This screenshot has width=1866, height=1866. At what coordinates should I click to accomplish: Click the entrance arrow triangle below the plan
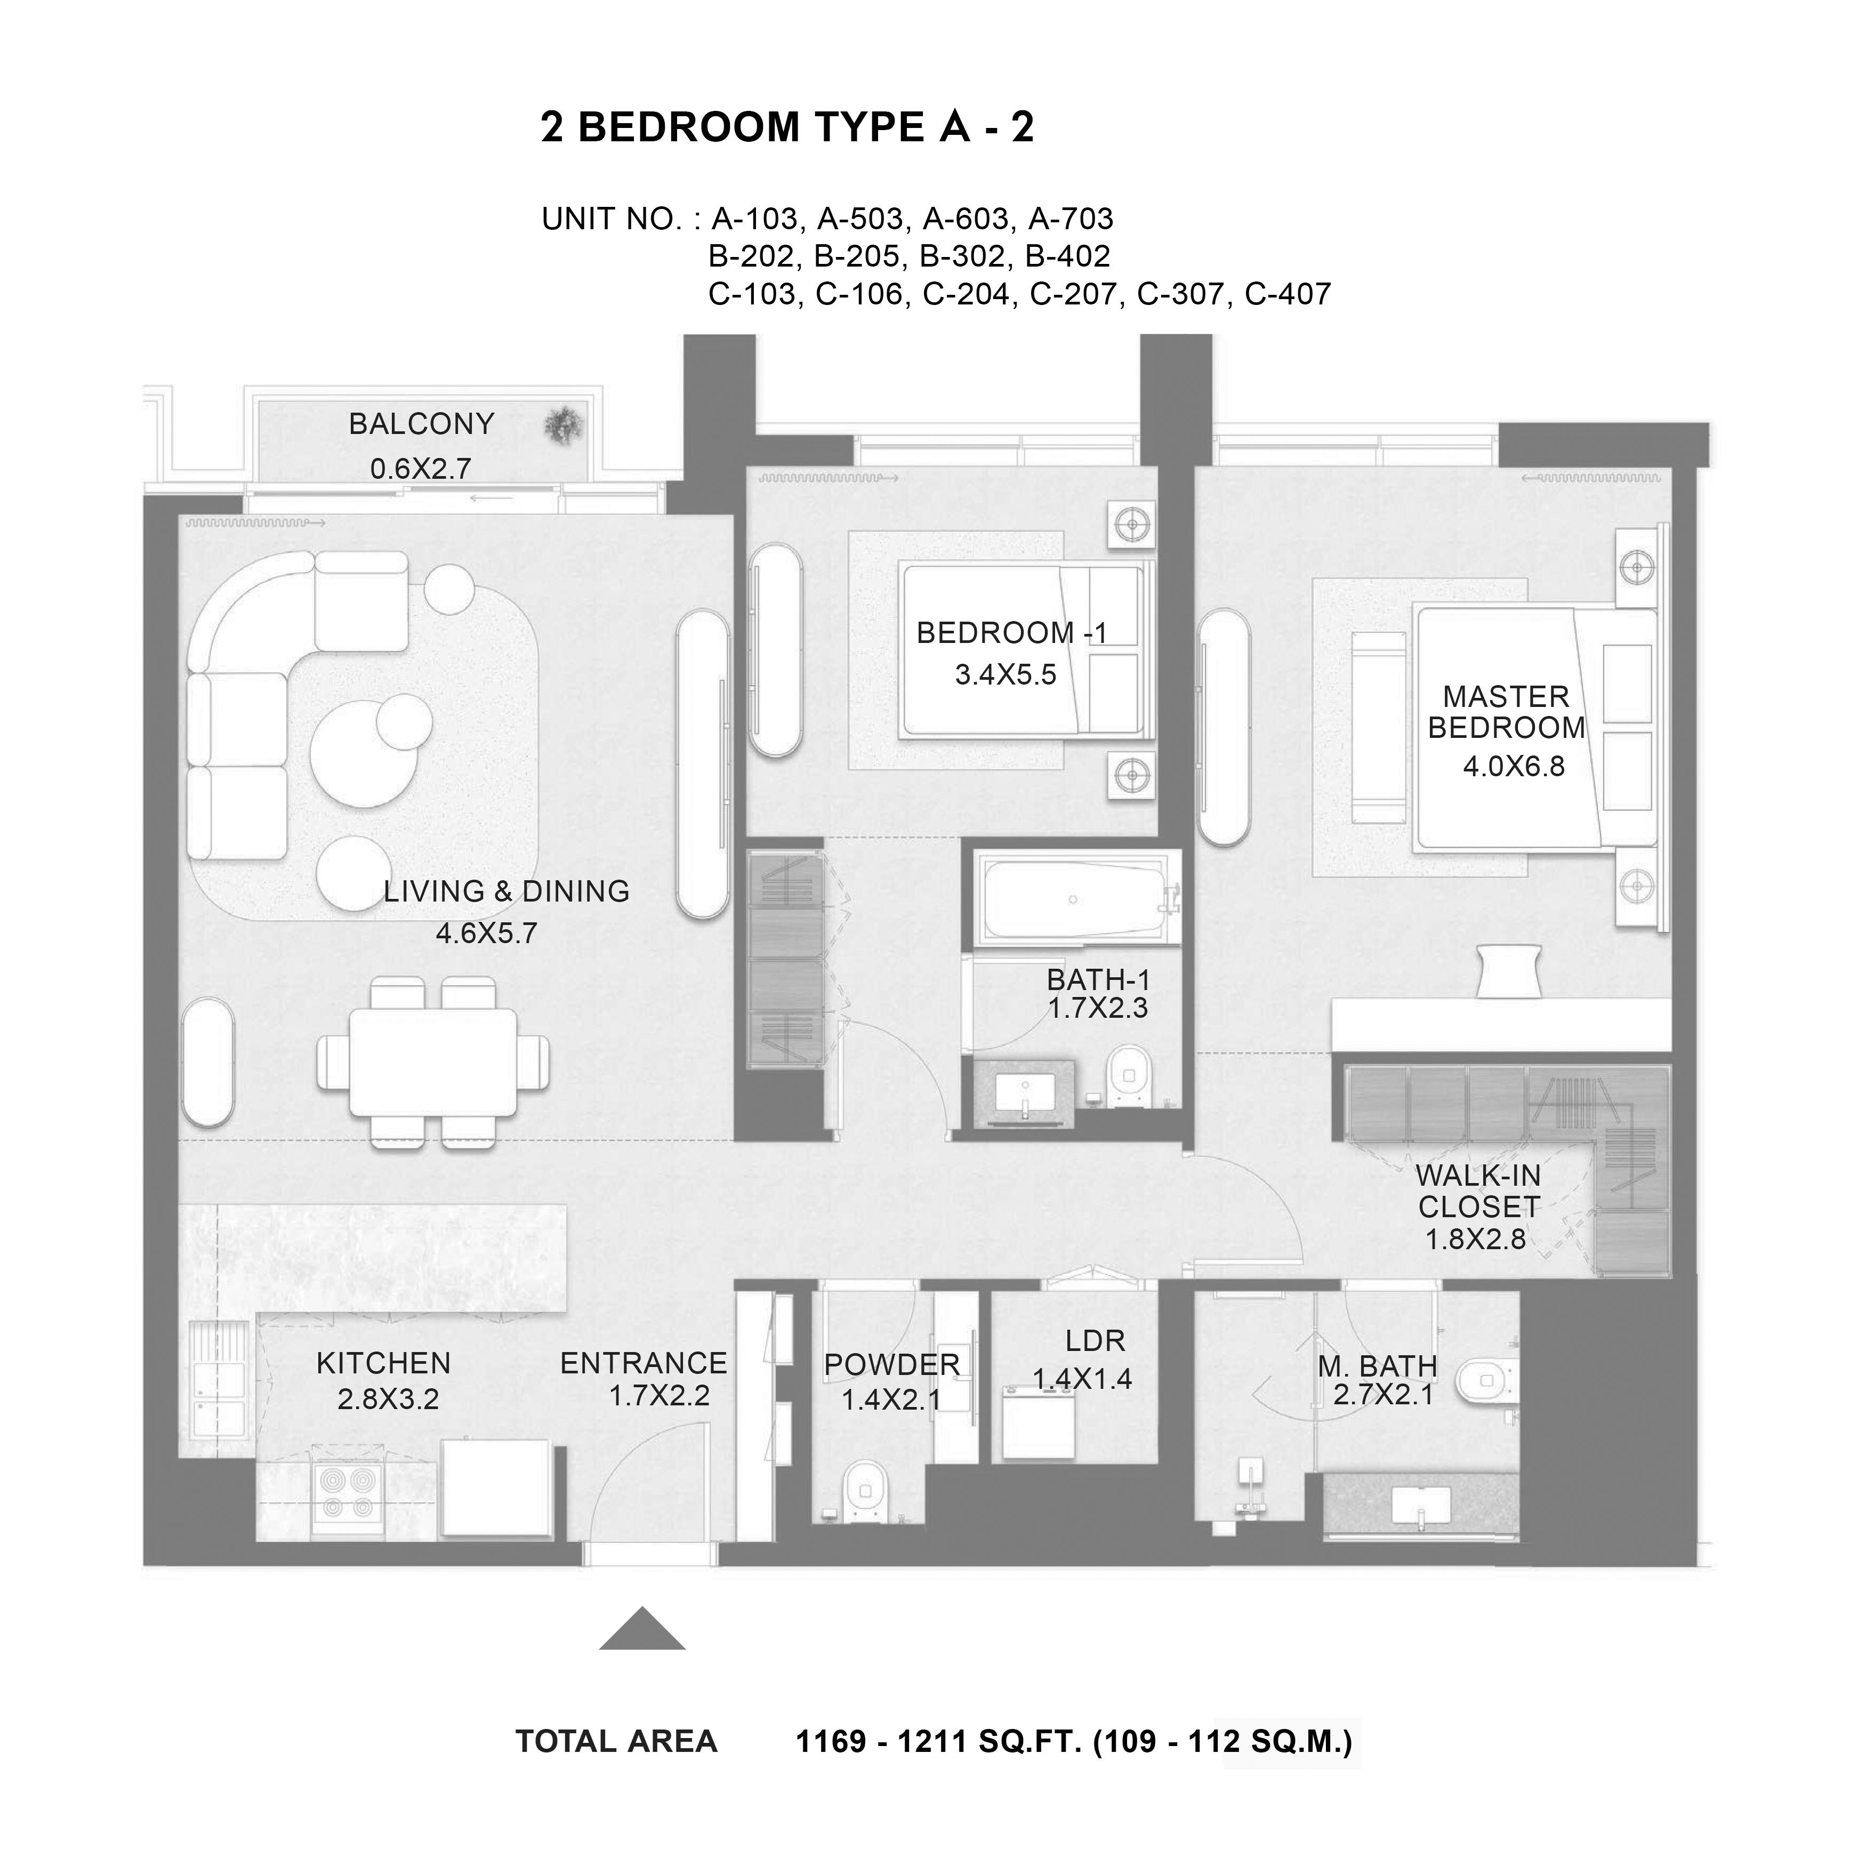coord(642,1628)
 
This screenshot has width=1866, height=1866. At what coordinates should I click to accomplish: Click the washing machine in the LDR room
coord(1038,1422)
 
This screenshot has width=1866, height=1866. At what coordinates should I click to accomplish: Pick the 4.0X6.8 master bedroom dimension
coord(1514,767)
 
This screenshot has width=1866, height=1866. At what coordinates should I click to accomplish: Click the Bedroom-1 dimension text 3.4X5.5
coord(1006,675)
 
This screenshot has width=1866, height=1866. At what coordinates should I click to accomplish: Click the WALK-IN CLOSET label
coord(1479,1191)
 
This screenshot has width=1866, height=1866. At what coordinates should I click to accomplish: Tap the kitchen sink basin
coord(220,1386)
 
